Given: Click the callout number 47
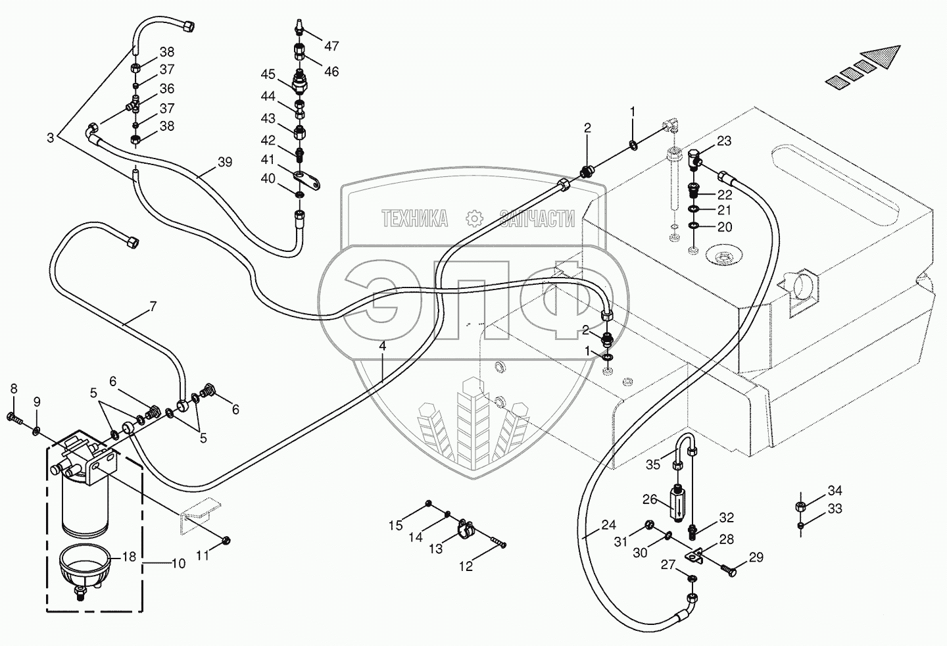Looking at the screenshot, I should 331,46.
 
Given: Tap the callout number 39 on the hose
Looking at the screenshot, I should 225,162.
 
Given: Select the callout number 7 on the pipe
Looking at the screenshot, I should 153,306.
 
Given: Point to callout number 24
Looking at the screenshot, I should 608,525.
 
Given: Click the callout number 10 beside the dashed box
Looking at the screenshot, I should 178,563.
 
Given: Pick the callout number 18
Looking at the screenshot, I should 129,557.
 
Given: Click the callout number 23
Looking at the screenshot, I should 723,140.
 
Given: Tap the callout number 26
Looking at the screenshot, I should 650,499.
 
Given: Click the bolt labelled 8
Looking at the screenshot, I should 14,417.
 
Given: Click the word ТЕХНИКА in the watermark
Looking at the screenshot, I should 415,218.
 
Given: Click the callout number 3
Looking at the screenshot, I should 51,137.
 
